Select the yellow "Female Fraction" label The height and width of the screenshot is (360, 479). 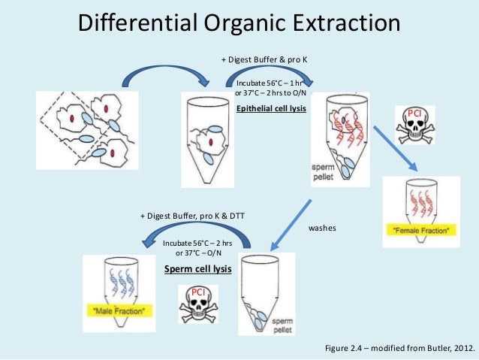[x=420, y=230]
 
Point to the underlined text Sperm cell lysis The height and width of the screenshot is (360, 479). [x=197, y=268]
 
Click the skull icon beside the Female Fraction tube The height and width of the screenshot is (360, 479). [x=415, y=125]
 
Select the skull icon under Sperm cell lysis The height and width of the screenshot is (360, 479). [x=198, y=301]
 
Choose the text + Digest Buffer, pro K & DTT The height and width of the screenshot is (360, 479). [x=192, y=216]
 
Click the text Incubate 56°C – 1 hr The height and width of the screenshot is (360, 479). [x=268, y=83]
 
